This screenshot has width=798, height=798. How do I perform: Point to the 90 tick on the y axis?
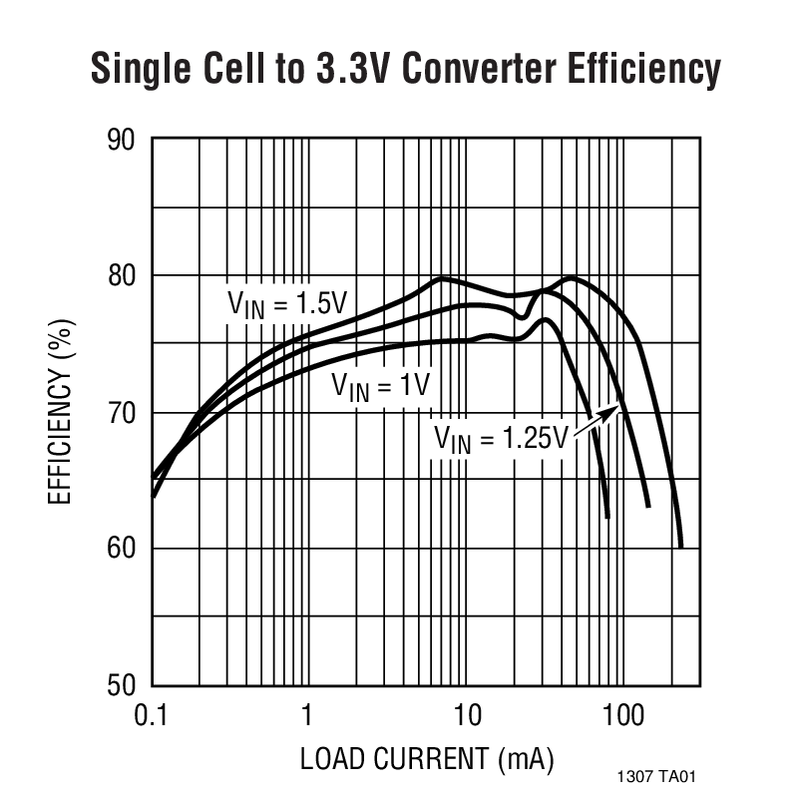click(121, 139)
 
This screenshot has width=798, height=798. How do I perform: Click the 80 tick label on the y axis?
click(121, 275)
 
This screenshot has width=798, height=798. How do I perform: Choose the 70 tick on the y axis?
click(121, 412)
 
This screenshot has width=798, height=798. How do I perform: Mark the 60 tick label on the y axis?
click(121, 549)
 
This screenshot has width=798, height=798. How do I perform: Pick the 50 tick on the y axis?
click(121, 685)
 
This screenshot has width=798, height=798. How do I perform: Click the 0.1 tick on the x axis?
click(152, 715)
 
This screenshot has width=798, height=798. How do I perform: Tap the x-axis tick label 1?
click(307, 715)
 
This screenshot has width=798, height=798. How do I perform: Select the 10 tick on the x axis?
click(466, 715)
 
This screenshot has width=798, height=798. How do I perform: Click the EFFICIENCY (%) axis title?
click(62, 412)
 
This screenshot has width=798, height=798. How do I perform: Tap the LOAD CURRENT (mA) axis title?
click(426, 760)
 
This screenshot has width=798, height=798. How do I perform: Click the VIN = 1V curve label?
click(379, 385)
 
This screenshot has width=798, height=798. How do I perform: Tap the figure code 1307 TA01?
click(660, 774)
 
